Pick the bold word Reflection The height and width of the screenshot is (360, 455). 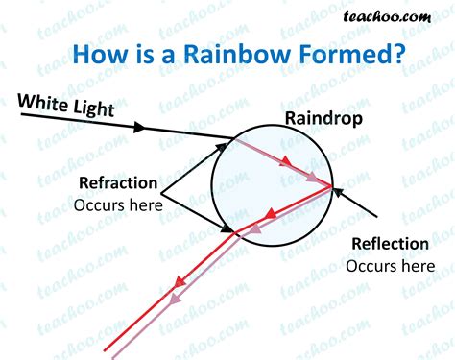pos(391,243)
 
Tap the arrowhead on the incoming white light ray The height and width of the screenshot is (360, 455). pos(142,127)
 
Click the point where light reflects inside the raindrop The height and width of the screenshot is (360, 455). pos(332,185)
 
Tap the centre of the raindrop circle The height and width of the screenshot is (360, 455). pos(273,185)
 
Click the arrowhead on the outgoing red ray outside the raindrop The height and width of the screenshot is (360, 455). pos(179,282)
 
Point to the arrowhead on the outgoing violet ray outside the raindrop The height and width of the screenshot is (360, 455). pos(175,299)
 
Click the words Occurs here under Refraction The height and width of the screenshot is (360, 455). pos(117,204)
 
